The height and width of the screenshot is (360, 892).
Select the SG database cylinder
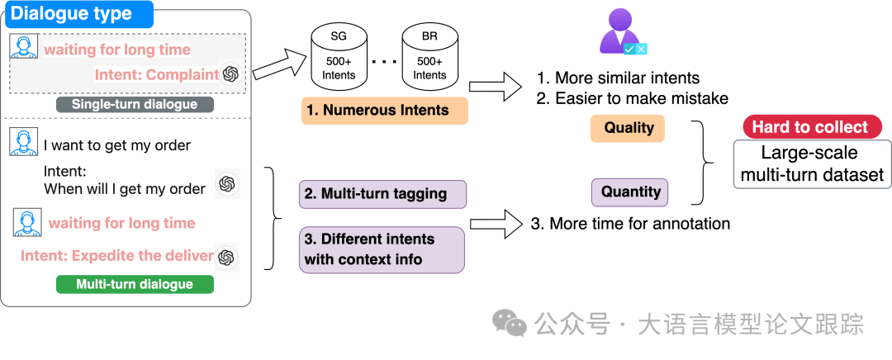[339, 59]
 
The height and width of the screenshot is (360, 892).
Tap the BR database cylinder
[429, 59]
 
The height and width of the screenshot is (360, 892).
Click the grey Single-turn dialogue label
[135, 105]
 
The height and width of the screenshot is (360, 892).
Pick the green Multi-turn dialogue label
[135, 284]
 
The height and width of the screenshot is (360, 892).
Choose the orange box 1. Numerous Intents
[385, 111]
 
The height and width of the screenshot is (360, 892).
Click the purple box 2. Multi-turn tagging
[382, 194]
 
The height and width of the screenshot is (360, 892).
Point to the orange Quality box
[629, 128]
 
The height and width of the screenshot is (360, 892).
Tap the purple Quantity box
[630, 192]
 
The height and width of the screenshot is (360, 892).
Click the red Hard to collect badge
[809, 127]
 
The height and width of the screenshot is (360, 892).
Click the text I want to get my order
[117, 146]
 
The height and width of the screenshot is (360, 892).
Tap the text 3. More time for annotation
[630, 224]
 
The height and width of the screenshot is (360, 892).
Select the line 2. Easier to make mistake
[632, 99]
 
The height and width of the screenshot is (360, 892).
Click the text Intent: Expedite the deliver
[117, 256]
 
